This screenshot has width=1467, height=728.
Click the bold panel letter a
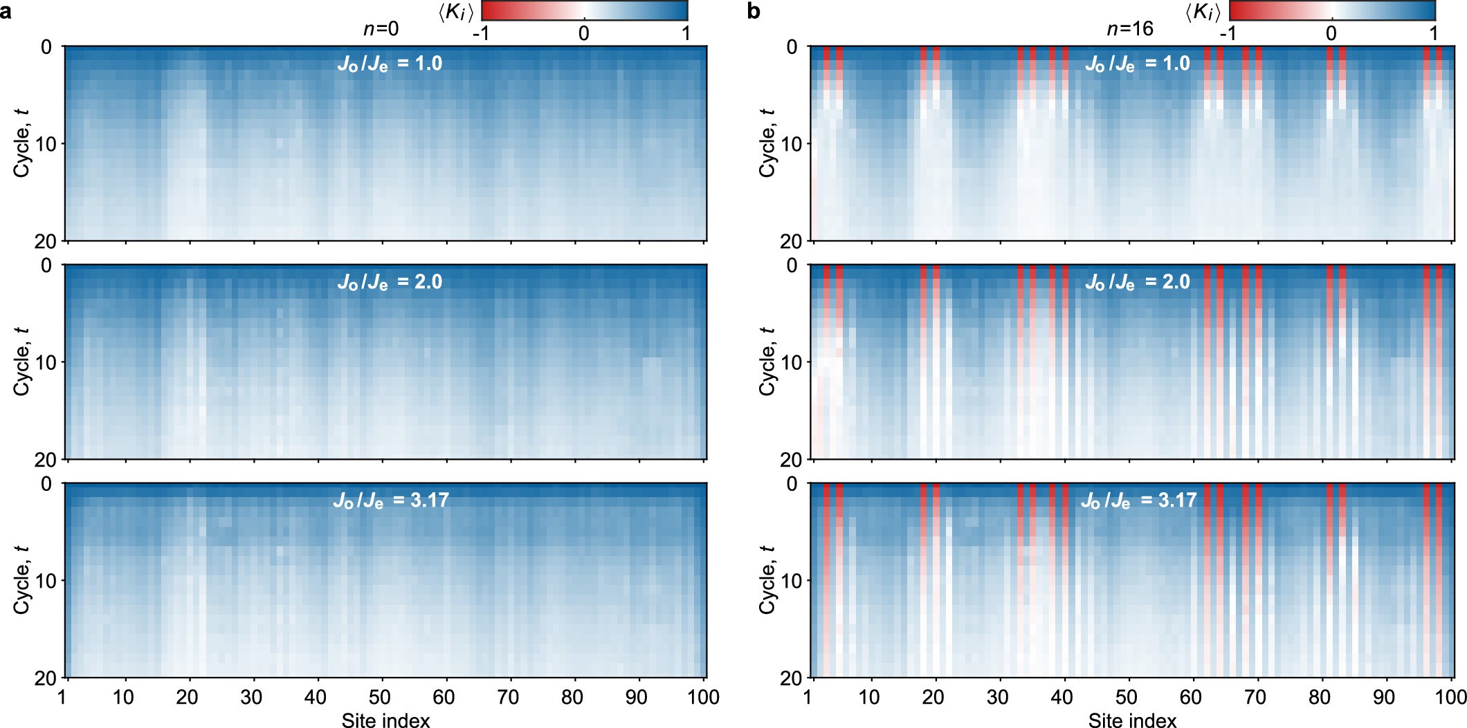6,12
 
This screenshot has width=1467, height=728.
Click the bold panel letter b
754,12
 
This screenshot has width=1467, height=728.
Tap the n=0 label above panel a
381,29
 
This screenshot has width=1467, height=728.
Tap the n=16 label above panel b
1130,29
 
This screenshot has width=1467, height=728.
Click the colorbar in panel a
584,10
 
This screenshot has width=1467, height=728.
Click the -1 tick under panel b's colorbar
1228,33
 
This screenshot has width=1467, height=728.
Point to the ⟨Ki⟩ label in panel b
1203,12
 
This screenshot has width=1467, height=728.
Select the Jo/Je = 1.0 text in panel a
390,64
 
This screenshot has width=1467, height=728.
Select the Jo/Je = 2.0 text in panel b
1137,282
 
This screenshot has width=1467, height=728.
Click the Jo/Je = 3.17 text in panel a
391,501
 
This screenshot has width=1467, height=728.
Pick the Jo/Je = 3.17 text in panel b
1138,501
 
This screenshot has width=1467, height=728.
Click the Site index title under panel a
385,720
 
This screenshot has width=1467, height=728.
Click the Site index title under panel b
1132,720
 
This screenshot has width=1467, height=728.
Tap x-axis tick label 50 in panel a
380,697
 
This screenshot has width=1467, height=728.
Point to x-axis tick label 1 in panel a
63,697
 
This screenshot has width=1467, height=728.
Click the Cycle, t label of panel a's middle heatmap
22,361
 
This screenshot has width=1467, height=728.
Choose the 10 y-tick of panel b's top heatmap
792,144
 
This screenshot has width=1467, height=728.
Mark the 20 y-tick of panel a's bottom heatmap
46,678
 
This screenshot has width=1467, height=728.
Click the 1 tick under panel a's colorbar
686,33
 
